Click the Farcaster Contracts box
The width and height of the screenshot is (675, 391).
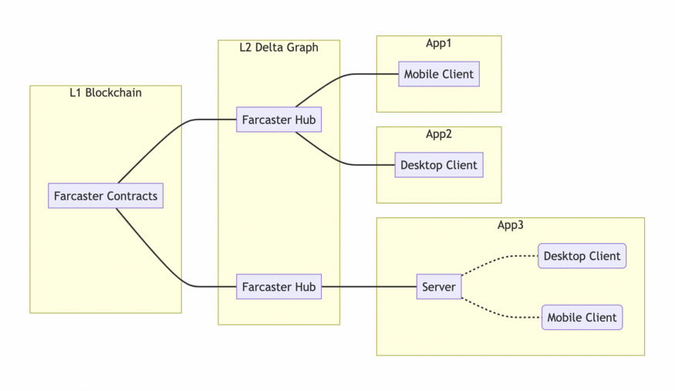106,196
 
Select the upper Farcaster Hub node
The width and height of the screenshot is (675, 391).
279,120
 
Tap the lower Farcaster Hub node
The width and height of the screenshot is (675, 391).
279,286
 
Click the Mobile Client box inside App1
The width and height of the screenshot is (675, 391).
439,74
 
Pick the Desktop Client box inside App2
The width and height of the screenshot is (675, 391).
439,165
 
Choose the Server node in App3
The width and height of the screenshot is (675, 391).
439,286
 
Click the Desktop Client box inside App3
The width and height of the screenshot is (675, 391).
582,256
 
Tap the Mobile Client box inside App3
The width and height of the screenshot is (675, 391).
582,318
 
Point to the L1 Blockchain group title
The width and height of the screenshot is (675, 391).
106,93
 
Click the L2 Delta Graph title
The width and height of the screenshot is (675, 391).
279,47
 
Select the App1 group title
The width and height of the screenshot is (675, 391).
439,43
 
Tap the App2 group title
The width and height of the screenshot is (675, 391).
439,133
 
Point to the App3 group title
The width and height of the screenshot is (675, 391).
511,225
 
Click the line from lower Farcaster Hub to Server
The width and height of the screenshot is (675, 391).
369,286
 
